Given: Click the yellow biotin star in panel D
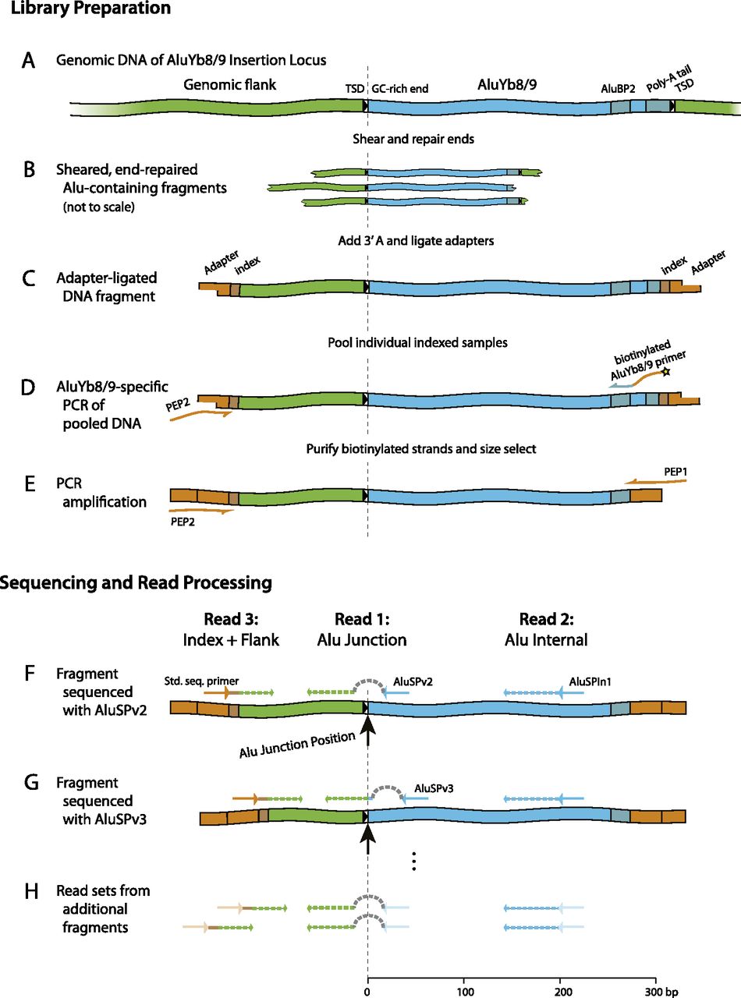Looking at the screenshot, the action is (665, 372).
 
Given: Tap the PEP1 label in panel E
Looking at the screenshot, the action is (675, 472).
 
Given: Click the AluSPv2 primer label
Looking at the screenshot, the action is (413, 681).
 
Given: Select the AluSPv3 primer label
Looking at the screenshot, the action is (434, 788).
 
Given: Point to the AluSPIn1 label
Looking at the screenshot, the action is (590, 681).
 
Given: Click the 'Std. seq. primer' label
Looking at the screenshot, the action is (201, 681).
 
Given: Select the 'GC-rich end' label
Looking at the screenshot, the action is (400, 89).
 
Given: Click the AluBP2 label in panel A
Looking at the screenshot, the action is (618, 89).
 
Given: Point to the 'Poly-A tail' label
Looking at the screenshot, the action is (668, 79).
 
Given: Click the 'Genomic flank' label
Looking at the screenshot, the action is (229, 84).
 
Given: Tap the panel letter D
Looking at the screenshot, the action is (28, 387).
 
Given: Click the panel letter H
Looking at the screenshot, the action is (30, 891).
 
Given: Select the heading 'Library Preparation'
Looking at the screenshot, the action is (90, 9).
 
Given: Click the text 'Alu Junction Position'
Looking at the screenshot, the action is (297, 745).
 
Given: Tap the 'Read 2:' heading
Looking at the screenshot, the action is (547, 619).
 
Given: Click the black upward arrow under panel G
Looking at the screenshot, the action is (368, 837).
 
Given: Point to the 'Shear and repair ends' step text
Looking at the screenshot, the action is (413, 139).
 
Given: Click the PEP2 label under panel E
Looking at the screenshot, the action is (183, 522).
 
